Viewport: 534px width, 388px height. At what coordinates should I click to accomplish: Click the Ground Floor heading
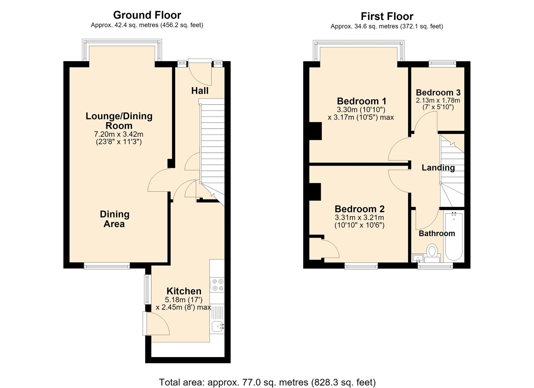point(147,15)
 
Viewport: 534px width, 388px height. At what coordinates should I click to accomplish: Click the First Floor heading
point(387,17)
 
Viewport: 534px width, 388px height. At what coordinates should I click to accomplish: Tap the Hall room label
point(200,91)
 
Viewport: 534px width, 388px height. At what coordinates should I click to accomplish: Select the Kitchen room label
point(184,291)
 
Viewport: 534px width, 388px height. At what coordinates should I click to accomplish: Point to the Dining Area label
point(114,219)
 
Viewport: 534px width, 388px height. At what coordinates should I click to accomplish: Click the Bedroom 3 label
point(438,92)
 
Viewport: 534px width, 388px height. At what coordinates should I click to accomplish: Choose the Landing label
point(438,168)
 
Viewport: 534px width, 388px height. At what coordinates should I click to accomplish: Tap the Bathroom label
point(437,234)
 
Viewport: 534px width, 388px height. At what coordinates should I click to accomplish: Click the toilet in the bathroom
point(432,253)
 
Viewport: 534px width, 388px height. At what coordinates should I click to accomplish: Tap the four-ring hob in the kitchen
point(217,285)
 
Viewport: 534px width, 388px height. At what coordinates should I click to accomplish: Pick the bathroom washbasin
point(417,258)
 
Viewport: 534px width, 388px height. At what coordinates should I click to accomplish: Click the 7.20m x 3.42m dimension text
point(119,134)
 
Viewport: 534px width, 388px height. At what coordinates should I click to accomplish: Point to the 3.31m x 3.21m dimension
point(359,217)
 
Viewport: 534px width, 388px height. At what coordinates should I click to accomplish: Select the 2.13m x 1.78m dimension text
point(438,100)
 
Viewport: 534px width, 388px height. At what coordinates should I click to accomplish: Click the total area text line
point(267,376)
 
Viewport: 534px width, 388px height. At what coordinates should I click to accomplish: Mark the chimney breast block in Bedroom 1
point(315,131)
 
